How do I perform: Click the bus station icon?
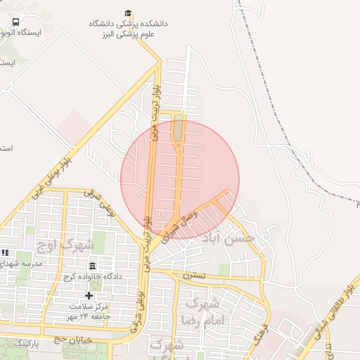click(16, 22)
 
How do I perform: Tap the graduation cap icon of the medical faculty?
click(128, 13)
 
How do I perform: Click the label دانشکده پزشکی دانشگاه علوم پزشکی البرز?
click(128, 28)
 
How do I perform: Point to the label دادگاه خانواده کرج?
click(93, 276)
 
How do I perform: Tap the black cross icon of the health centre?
click(89, 295)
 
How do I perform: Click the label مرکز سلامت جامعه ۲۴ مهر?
click(89, 311)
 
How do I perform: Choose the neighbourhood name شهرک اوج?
click(69, 245)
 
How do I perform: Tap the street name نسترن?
click(195, 275)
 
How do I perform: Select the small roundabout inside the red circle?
click(179, 146)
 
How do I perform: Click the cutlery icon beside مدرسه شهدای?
click(6, 252)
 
